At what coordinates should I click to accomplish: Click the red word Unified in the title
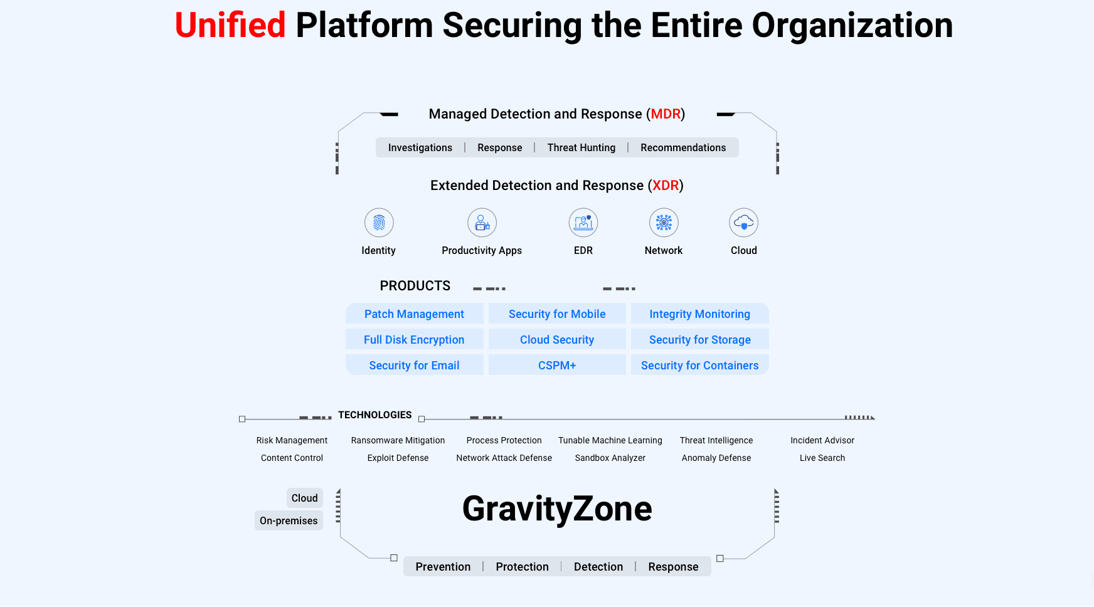click(230, 26)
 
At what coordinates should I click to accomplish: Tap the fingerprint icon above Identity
click(379, 223)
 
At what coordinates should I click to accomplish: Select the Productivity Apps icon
click(482, 223)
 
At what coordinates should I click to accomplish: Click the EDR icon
click(583, 223)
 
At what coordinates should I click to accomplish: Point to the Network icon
click(664, 223)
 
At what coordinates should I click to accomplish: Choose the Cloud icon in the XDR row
click(744, 223)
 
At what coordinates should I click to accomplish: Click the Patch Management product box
click(414, 314)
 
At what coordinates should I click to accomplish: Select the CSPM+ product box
click(557, 366)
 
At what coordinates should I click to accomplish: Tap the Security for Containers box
click(699, 366)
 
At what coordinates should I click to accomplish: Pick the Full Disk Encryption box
click(414, 340)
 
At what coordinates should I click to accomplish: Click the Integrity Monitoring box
click(699, 314)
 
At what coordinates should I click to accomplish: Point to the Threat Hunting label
click(581, 148)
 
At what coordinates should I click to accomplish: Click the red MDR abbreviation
click(666, 114)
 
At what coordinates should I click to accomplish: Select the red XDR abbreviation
click(666, 186)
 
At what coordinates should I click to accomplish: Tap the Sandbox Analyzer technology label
click(610, 458)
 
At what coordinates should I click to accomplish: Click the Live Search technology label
click(822, 458)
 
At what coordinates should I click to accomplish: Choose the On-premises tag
click(289, 521)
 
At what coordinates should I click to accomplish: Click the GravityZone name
click(557, 509)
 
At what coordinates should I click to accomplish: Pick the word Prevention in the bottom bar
click(443, 567)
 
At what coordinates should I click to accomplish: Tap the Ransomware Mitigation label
click(398, 441)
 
